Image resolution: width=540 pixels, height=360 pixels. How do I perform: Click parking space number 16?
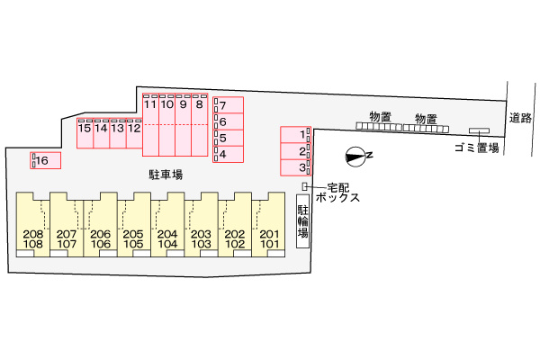click(x=46, y=160)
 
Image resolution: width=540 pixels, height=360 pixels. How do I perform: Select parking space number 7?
click(x=228, y=105)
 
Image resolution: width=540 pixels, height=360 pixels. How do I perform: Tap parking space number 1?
click(x=295, y=135)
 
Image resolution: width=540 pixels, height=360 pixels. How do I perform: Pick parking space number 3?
click(x=295, y=167)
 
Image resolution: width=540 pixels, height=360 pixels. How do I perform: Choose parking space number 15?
click(x=85, y=133)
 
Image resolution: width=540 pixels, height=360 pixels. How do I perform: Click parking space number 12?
click(x=135, y=133)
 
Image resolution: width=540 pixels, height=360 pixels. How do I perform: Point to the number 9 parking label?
click(x=184, y=104)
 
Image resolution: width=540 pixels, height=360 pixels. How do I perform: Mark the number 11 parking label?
click(x=150, y=104)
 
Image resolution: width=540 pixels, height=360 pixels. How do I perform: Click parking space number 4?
click(x=228, y=154)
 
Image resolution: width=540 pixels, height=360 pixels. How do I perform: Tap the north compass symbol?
click(x=355, y=157)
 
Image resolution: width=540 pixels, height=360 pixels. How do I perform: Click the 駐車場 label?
click(x=166, y=175)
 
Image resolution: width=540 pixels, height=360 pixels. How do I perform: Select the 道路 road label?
click(x=520, y=118)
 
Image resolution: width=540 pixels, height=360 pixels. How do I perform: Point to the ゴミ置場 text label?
click(x=477, y=148)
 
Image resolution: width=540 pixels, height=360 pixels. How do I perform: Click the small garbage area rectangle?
click(x=479, y=130)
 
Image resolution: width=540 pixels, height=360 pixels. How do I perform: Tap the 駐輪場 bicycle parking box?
click(x=302, y=221)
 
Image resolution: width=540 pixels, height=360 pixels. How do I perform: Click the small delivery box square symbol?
click(x=304, y=186)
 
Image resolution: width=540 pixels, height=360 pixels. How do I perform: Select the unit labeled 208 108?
click(x=33, y=224)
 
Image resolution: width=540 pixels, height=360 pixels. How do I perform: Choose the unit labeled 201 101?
click(x=268, y=224)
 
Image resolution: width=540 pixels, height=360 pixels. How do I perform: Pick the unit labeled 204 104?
click(x=167, y=224)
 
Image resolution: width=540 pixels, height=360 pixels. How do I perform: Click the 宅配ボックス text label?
click(x=337, y=193)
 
